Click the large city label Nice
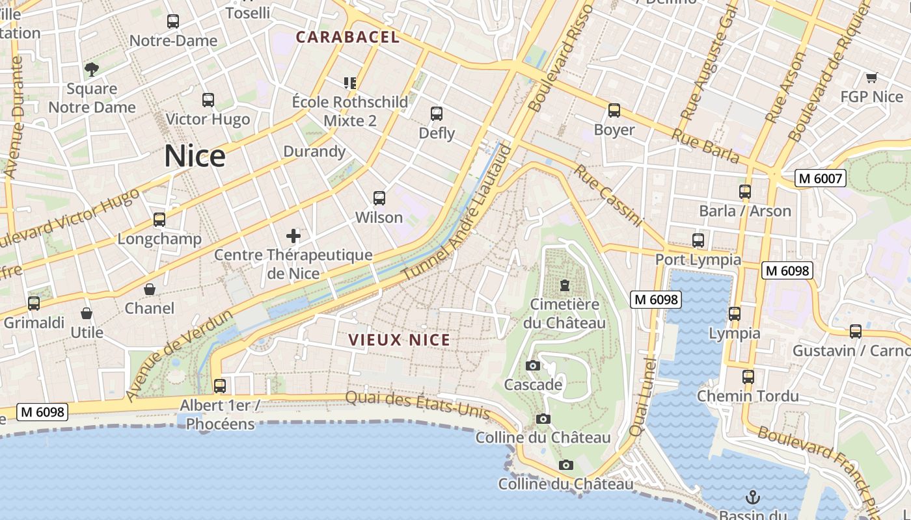tap(195, 157)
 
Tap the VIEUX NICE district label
tap(400, 340)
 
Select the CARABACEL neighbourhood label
tap(347, 37)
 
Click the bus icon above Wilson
tap(379, 198)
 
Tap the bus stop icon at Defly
tap(437, 114)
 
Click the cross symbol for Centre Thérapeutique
tap(293, 235)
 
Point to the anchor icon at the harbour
tap(752, 498)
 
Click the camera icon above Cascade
tap(532, 366)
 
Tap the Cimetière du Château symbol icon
tap(565, 285)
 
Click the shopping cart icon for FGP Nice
tap(871, 78)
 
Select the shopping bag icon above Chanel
tap(150, 289)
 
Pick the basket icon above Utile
tap(87, 314)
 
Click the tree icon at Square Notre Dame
tap(92, 69)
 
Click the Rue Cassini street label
tap(608, 195)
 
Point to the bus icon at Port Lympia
tap(698, 240)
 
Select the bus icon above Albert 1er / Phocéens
tap(220, 386)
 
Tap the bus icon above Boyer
tap(614, 110)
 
